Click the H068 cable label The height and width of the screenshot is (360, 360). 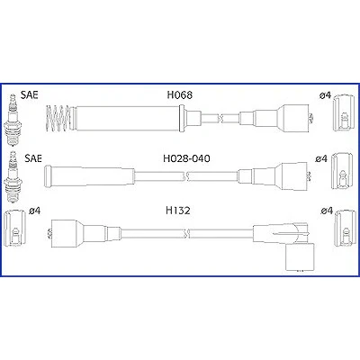[179, 95]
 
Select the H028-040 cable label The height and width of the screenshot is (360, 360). [186, 158]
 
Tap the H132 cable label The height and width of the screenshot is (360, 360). [178, 211]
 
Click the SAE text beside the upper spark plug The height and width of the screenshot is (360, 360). [30, 94]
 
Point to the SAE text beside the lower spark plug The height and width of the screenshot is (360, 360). [33, 158]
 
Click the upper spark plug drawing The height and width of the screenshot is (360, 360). [12, 120]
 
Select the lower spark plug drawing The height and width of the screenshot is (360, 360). [13, 176]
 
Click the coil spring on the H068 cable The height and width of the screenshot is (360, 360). [58, 118]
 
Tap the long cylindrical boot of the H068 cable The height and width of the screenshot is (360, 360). [127, 119]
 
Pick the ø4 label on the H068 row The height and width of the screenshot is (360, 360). [325, 95]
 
